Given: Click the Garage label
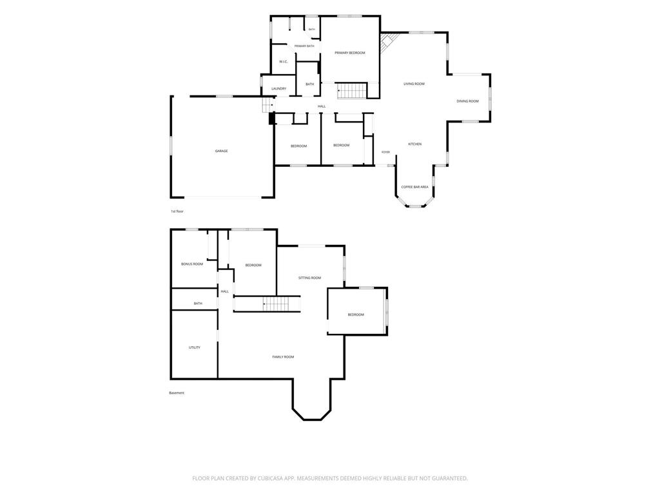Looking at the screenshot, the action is pos(222,151).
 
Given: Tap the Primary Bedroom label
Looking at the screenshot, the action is pos(350,53).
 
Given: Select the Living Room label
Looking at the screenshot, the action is pos(414,84).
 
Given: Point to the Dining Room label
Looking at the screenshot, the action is pos(468,101).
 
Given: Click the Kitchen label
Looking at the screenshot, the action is pos(415,144).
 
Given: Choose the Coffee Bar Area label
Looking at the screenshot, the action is pos(414,187).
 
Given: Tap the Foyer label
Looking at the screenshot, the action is pos(385,152).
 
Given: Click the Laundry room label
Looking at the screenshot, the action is pos(278,89).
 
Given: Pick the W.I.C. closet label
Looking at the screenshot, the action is pos(284,62).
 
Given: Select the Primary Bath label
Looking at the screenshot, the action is pos(304,46).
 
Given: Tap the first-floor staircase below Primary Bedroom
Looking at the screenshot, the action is pos(352,91).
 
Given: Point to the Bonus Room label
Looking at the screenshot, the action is pos(192,264).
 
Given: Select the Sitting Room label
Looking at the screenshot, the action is pos(309,278).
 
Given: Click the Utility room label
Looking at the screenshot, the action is pos(195,347).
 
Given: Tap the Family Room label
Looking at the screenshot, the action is pos(283,357).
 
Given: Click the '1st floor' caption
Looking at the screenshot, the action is pos(177,211).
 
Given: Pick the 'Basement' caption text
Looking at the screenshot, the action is pos(177,393).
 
